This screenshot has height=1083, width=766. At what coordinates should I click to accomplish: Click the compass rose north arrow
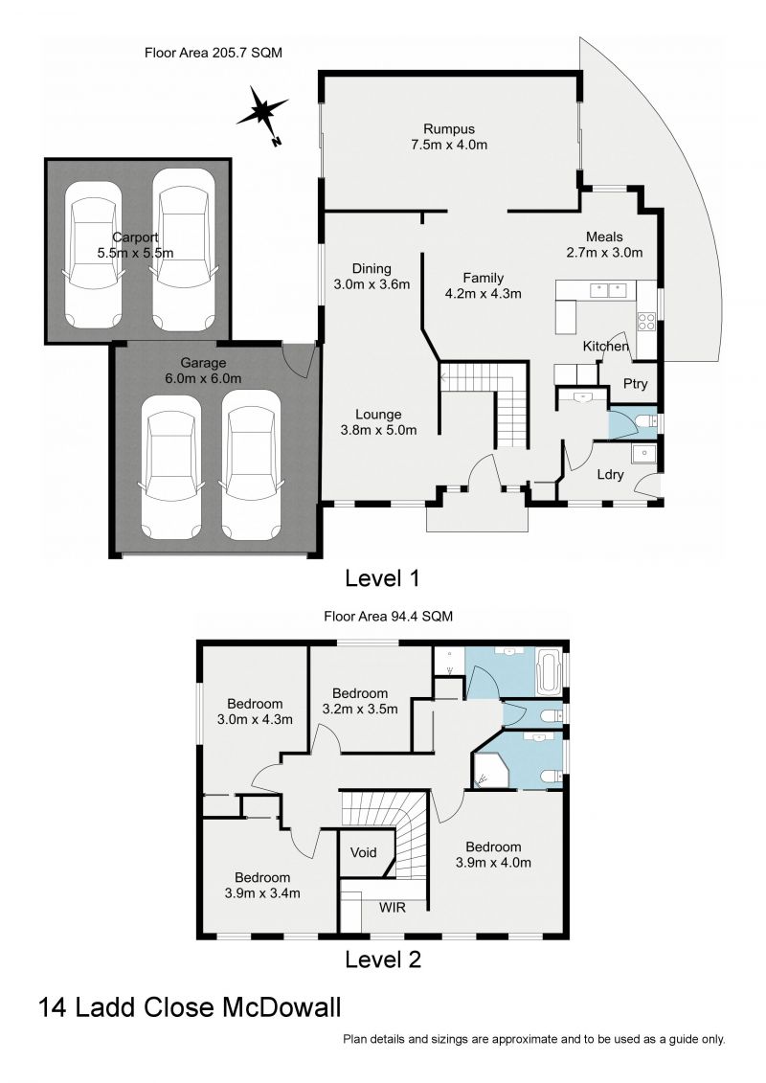tap(262, 113)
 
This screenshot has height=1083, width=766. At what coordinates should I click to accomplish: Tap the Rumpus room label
tap(449, 129)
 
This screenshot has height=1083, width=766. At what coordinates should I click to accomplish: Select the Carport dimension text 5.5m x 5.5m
tap(136, 253)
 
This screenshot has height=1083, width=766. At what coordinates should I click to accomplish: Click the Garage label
tap(203, 363)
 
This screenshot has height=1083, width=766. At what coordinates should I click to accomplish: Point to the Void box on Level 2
tap(364, 852)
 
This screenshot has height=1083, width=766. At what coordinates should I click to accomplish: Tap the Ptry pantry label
tap(635, 384)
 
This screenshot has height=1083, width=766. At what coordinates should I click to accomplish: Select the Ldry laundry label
tap(611, 474)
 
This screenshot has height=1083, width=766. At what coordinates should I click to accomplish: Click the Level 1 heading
tap(382, 578)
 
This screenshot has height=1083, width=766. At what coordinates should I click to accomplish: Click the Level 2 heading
tap(382, 958)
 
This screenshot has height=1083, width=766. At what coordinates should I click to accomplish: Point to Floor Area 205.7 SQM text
tap(213, 52)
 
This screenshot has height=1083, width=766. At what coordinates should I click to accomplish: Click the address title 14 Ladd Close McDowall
tap(190, 1008)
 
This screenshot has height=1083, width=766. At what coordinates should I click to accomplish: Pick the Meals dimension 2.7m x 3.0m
tap(604, 253)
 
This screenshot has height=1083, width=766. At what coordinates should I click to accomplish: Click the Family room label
tap(483, 279)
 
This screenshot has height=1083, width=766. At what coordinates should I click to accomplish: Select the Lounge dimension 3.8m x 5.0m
tap(378, 430)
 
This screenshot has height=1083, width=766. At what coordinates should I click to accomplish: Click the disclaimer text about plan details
tap(533, 1039)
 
